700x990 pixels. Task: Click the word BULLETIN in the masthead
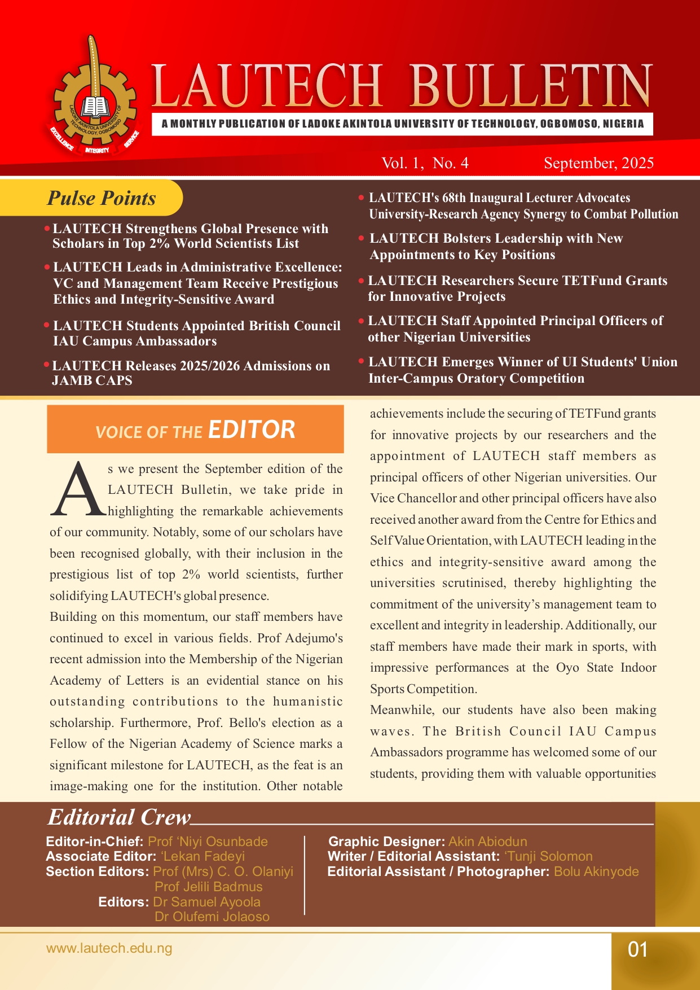[530, 86]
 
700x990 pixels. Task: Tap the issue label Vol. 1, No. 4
[425, 163]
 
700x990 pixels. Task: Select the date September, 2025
[598, 163]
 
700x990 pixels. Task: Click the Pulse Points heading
[102, 198]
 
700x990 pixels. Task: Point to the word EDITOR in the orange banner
[252, 430]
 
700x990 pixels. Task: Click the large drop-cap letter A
[78, 490]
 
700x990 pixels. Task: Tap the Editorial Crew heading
[119, 817]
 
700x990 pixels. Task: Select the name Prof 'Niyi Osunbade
[208, 842]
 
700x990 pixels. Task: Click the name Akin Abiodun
[487, 842]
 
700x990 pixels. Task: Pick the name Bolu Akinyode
[596, 871]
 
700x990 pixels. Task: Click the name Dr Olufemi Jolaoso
[212, 917]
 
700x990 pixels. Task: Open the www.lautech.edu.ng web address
[109, 948]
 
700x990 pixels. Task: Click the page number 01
[637, 949]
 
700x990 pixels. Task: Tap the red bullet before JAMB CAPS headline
[47, 365]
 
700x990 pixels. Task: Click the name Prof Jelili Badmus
[209, 887]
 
